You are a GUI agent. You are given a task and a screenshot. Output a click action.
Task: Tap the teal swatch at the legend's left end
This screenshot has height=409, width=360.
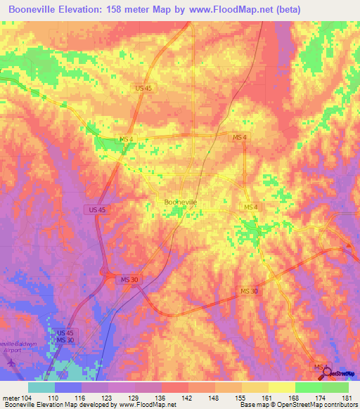[x=41, y=387]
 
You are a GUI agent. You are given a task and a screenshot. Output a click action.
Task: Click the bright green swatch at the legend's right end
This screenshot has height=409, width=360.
[x=335, y=387]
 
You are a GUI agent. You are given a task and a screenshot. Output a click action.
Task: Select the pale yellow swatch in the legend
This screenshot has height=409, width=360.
[x=281, y=387]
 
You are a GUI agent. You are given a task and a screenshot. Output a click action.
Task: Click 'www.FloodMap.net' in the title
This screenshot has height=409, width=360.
[x=227, y=10]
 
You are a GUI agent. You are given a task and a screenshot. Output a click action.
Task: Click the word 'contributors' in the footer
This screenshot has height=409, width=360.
[x=337, y=405]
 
